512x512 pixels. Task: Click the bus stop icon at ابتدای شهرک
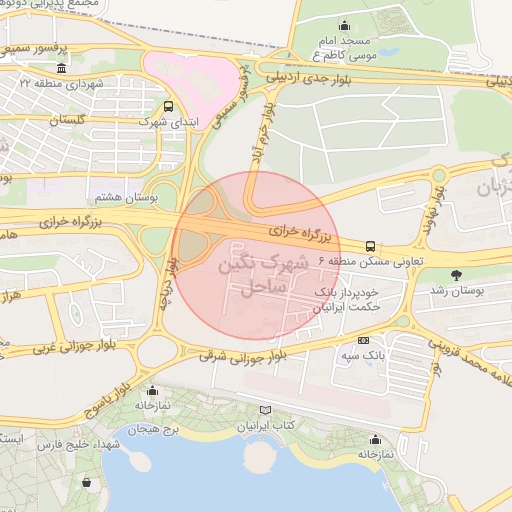tap(167, 106)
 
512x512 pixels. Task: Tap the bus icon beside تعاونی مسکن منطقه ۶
tap(371, 245)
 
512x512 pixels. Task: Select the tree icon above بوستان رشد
tap(458, 274)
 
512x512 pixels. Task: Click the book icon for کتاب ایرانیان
tap(264, 410)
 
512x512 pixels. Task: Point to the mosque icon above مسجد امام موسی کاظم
tap(345, 25)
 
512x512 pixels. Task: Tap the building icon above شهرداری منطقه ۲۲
tap(62, 68)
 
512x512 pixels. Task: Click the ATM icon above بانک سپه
tap(363, 340)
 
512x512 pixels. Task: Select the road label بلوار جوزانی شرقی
tap(240, 356)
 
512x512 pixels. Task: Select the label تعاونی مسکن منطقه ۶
tap(370, 261)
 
